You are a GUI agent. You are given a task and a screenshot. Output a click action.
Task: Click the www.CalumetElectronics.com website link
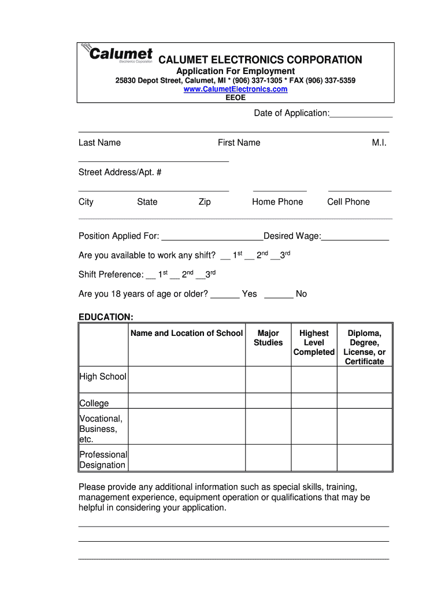pos(235,89)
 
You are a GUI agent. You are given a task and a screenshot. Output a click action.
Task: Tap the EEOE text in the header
pos(235,98)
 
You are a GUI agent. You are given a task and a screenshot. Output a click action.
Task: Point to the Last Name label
pos(99,143)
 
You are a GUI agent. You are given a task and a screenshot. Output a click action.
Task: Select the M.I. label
pos(379,143)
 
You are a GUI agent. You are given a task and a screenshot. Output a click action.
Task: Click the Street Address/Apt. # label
pos(120,172)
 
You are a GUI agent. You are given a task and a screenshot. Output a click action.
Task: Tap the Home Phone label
pos(277,202)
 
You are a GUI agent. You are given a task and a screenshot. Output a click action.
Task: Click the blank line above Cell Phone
pos(359,189)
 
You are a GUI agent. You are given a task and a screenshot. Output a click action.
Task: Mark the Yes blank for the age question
pos(225,295)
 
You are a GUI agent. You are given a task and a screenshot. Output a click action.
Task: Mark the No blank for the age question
pos(279,295)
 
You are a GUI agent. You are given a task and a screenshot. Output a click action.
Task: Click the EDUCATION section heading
pos(106,317)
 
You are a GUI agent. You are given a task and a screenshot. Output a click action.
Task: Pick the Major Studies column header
pos(268,338)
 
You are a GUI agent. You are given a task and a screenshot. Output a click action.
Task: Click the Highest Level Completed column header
pos(314,342)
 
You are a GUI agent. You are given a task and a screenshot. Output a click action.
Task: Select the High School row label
pos(103,376)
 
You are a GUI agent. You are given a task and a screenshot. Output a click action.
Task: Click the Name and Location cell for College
pos(187,401)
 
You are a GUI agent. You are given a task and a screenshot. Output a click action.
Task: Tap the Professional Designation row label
pos(103,460)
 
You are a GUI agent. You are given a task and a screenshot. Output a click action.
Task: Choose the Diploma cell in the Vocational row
pos(364,426)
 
